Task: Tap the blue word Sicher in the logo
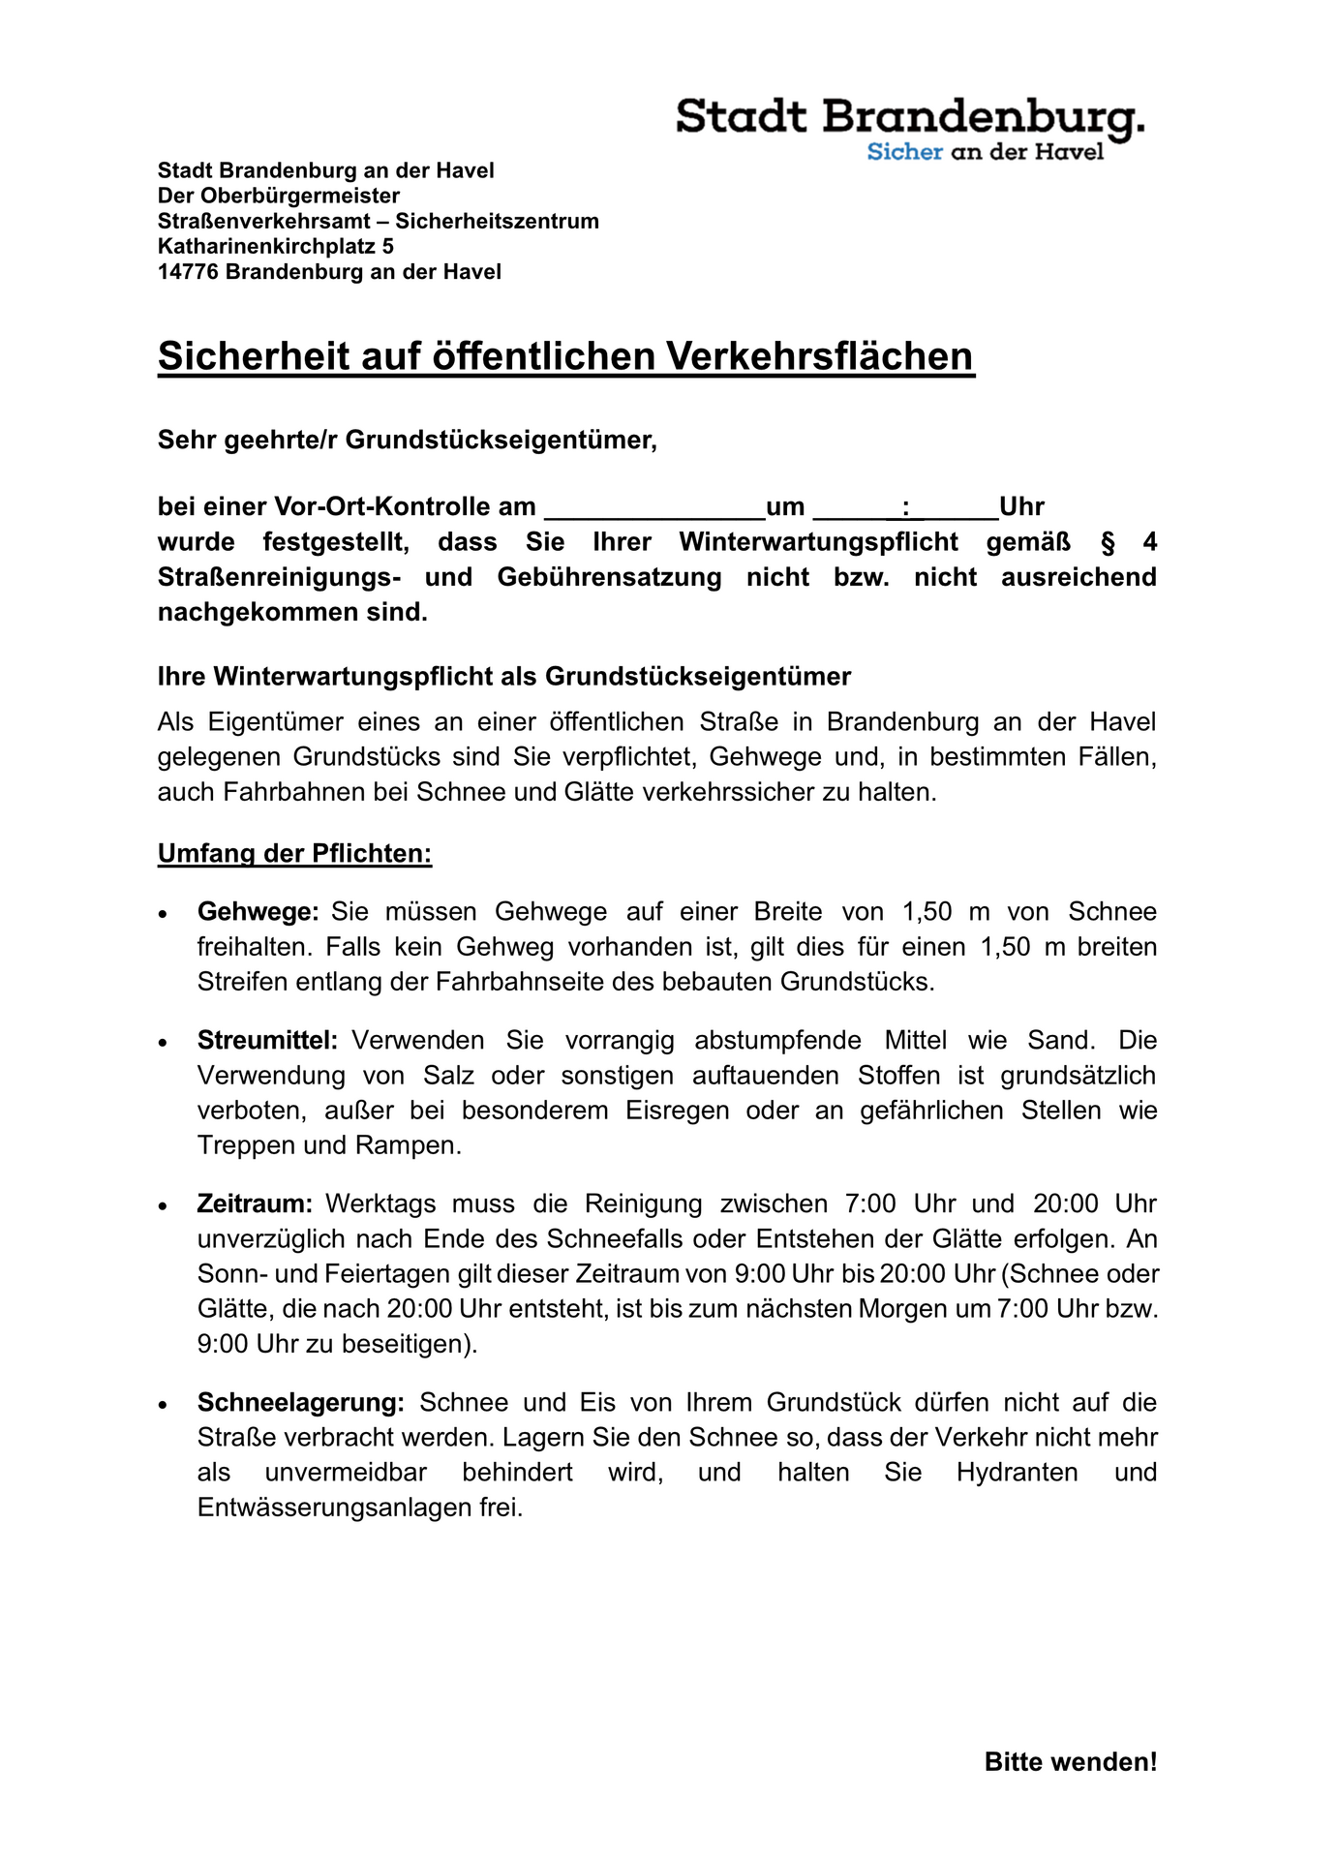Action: [x=904, y=152]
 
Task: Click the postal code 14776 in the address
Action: [x=188, y=272]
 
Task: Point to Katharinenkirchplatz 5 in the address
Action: [x=276, y=247]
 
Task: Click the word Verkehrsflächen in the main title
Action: [x=819, y=356]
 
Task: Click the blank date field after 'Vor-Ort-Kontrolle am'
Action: [x=654, y=507]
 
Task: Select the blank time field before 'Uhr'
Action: [x=906, y=507]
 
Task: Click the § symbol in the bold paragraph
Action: [x=1108, y=542]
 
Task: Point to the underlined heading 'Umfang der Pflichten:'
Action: [x=294, y=855]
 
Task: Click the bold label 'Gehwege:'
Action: [x=258, y=912]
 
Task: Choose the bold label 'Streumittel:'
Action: [x=267, y=1041]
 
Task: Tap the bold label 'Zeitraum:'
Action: [x=256, y=1204]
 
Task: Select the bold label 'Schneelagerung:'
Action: [x=301, y=1403]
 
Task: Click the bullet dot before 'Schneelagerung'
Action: [x=165, y=1405]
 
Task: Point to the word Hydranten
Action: [x=1017, y=1473]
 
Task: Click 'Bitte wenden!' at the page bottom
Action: [x=1070, y=1762]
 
